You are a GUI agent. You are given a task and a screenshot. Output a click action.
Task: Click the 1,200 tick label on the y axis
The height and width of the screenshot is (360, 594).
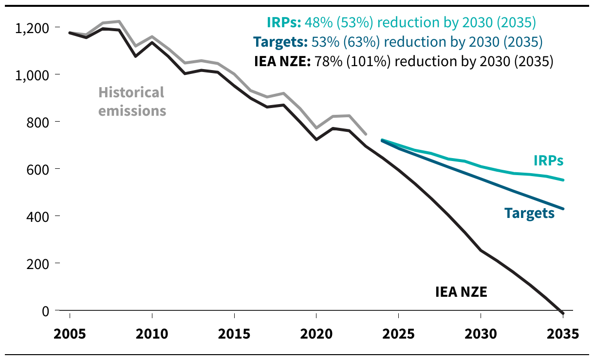[33, 28]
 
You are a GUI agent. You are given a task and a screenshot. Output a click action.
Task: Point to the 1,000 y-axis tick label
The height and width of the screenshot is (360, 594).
[33, 75]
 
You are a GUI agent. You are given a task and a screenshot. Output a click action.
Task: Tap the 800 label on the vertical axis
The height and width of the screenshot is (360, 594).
[39, 122]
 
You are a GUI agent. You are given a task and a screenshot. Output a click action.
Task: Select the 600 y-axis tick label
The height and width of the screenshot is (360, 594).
[39, 169]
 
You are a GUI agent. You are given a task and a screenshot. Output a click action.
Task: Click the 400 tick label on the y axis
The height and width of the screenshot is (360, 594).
[39, 216]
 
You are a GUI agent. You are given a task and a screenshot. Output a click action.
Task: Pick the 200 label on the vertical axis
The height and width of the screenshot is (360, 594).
[39, 264]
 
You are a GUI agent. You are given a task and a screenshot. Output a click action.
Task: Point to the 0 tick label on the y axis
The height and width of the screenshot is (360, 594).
[45, 311]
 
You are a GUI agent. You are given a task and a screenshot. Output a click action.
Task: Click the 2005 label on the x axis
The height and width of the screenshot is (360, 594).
[70, 334]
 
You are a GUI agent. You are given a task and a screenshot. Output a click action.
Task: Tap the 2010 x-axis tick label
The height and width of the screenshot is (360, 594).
[152, 334]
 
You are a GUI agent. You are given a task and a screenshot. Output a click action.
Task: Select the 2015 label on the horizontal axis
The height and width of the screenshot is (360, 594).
[234, 334]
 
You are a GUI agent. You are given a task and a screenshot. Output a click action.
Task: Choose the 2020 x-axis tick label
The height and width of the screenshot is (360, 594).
[316, 334]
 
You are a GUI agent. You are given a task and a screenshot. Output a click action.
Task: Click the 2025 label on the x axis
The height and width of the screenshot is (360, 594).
[399, 334]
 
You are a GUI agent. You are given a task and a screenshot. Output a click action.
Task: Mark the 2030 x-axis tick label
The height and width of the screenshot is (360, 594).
[481, 334]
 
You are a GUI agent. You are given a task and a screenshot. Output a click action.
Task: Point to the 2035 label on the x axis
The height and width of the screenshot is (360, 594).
[563, 334]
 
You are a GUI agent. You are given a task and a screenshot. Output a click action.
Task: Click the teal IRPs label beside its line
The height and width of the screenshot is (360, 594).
[548, 161]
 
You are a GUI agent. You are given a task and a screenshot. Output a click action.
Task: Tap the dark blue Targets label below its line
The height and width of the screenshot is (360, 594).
[529, 213]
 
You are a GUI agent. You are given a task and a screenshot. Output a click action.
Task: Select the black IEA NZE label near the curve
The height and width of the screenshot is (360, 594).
[461, 292]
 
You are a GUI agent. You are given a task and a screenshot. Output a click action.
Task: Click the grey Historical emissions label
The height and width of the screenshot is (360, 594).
[132, 101]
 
